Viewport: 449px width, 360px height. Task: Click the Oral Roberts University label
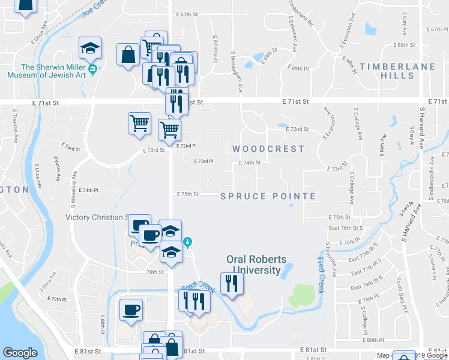click(x=256, y=265)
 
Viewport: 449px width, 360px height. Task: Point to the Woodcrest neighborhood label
click(x=268, y=149)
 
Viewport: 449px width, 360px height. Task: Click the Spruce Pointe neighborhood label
click(x=268, y=196)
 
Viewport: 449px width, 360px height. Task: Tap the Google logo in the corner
click(x=20, y=353)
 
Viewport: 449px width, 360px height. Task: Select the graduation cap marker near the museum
click(x=91, y=48)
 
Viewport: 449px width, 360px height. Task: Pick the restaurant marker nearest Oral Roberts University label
click(x=232, y=283)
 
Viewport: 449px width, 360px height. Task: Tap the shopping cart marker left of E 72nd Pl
click(x=139, y=123)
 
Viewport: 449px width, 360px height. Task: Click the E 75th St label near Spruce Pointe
click(x=187, y=194)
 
